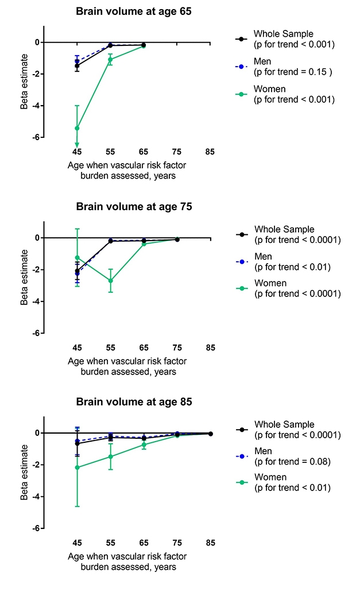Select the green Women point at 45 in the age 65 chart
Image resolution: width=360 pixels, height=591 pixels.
[x=77, y=128]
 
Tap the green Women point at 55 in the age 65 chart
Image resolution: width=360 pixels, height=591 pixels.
[x=110, y=59]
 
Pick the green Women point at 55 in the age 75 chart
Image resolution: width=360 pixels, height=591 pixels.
[x=110, y=281]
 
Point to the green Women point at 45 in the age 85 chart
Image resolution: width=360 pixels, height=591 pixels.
[x=77, y=467]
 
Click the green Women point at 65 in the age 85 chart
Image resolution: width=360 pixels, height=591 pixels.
[x=144, y=445]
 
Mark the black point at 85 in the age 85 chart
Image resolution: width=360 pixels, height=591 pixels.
[x=210, y=434]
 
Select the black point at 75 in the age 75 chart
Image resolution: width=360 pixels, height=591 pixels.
[x=177, y=239]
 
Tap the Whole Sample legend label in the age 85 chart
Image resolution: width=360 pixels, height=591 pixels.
[x=285, y=424]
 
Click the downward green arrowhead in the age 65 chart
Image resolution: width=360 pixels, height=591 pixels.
[x=77, y=145]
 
